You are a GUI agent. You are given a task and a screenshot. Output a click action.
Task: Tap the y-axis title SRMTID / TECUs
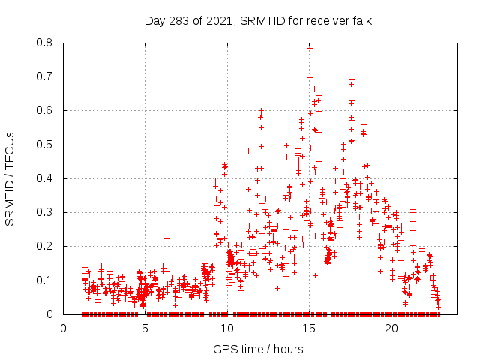10,178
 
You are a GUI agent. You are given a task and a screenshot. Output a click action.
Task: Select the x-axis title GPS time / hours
258,349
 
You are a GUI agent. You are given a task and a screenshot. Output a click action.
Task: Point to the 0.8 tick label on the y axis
46,43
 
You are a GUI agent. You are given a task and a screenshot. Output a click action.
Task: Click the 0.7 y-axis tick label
46,76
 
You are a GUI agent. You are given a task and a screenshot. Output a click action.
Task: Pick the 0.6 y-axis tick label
46,110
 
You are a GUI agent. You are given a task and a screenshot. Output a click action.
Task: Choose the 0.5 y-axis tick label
46,145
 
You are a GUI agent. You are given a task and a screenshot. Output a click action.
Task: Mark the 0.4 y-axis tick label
46,178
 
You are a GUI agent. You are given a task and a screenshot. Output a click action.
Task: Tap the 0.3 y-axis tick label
46,212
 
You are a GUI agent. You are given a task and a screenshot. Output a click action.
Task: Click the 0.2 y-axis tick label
46,246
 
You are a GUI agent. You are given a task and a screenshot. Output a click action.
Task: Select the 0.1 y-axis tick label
46,280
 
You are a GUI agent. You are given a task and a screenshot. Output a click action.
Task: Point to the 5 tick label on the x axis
145,328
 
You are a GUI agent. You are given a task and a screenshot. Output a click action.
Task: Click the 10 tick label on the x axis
227,328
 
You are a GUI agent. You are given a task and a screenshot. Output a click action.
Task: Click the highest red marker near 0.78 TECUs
310,48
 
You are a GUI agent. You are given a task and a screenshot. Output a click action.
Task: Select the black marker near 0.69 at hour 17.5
351,79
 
